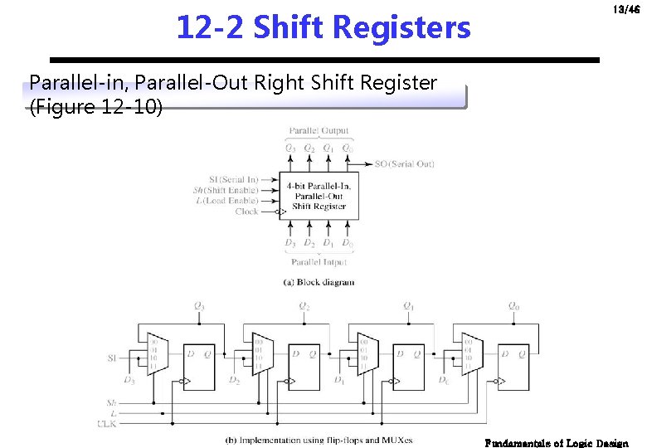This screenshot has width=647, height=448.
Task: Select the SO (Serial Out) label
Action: (x=405, y=164)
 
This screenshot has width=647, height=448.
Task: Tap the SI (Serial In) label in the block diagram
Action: (x=233, y=179)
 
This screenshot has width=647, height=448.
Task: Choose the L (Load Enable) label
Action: (x=228, y=201)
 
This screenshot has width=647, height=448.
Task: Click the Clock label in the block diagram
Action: (x=246, y=212)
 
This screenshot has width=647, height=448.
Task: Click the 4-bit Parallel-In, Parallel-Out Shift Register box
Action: (x=319, y=196)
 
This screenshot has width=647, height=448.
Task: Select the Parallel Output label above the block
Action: (x=319, y=131)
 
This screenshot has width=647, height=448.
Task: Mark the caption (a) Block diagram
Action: (x=319, y=282)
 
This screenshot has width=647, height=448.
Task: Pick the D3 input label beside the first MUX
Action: (x=129, y=380)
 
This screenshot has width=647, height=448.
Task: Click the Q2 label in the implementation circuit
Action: (x=305, y=306)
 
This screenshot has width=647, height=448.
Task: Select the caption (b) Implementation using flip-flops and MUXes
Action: (x=319, y=440)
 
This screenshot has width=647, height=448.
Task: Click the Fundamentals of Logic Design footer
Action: (x=557, y=443)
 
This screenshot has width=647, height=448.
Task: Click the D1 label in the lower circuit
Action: (x=339, y=380)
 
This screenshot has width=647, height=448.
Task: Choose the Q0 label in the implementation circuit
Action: (x=514, y=306)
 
